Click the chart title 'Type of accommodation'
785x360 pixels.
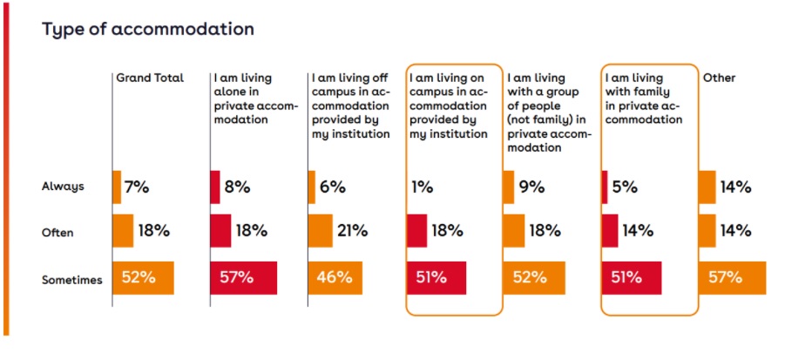(x=148, y=29)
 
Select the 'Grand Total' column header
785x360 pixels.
(x=150, y=78)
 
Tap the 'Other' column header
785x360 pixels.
(x=719, y=78)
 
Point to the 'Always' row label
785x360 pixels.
(x=63, y=186)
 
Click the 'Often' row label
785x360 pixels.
(x=58, y=233)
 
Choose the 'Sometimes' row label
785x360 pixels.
(x=72, y=279)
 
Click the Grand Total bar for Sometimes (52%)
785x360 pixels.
(x=144, y=278)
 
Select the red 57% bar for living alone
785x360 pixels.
(x=243, y=278)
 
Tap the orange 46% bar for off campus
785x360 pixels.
(x=335, y=278)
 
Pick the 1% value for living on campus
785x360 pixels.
(x=423, y=187)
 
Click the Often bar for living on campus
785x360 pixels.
(x=416, y=231)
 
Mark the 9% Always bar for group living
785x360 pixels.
(x=509, y=187)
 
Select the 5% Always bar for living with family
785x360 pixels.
(x=604, y=187)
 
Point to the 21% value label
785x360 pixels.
(x=354, y=232)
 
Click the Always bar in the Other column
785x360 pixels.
(x=707, y=187)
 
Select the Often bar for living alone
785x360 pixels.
(x=220, y=231)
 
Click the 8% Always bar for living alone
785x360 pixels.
(x=215, y=187)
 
